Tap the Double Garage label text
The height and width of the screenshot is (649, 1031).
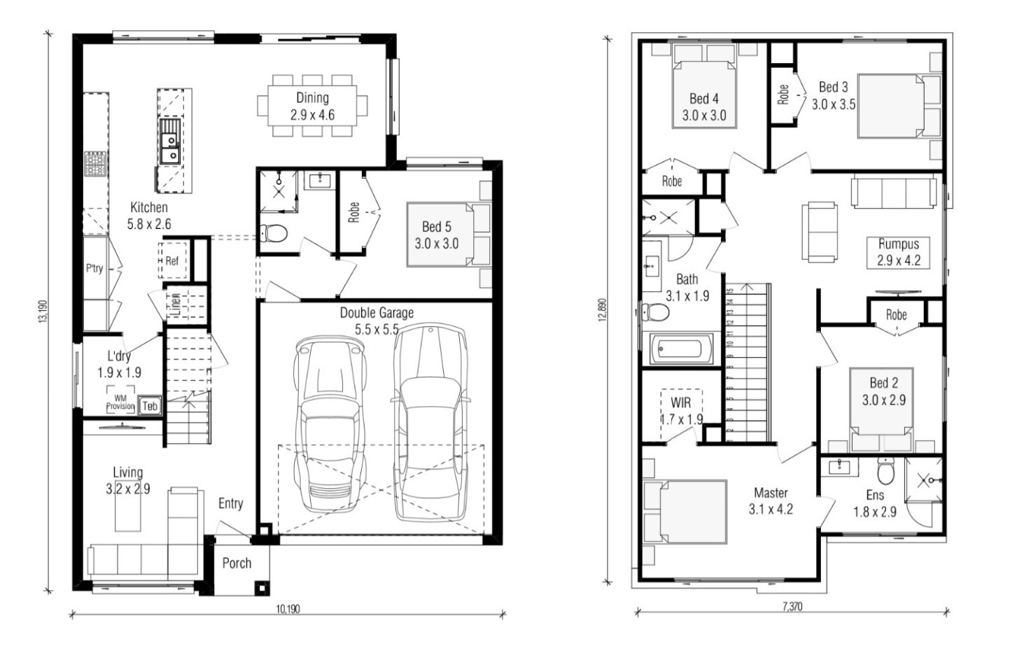coord(377,313)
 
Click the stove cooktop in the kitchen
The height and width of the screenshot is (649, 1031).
coord(95,163)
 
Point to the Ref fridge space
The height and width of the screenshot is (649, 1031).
coord(171,261)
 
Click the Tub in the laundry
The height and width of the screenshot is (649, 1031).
coord(150,405)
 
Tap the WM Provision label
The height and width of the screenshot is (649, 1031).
coord(120,403)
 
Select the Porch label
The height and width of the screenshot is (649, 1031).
coord(237,563)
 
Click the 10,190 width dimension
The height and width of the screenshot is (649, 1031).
coord(288,609)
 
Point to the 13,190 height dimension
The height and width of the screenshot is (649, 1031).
coord(43,311)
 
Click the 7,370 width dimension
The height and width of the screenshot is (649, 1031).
coord(792,606)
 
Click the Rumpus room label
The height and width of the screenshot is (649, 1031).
coord(899,244)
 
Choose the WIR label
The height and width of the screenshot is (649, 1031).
coord(680,403)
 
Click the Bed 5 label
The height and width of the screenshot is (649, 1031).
coord(437,227)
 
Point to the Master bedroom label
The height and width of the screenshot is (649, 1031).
coord(771,493)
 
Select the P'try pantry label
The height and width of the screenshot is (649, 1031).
coord(94,268)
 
